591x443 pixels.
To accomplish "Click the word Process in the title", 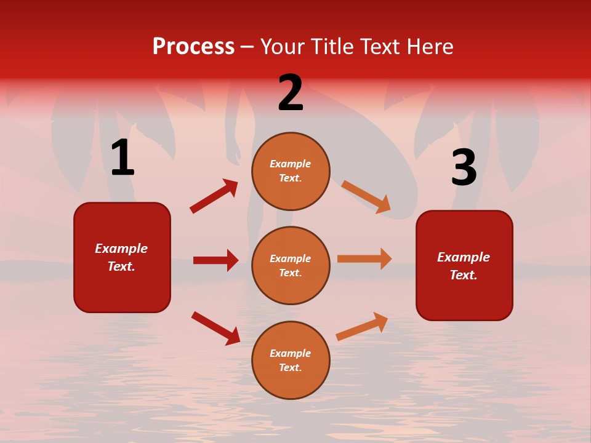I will (x=193, y=47).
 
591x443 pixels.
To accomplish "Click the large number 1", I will (x=123, y=158).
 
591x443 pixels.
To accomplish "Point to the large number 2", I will (x=291, y=93).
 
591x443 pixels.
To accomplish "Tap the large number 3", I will (x=464, y=168).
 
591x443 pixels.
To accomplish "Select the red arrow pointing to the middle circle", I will (x=215, y=260).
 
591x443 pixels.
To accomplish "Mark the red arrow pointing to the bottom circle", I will (x=216, y=328).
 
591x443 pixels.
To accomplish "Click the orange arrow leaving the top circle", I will (x=366, y=196).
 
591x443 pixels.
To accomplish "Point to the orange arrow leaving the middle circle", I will (x=364, y=259).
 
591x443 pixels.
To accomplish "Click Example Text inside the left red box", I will (x=121, y=257).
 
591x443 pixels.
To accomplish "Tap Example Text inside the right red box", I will (x=464, y=266).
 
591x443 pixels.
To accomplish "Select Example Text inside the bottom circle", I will (x=291, y=361).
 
